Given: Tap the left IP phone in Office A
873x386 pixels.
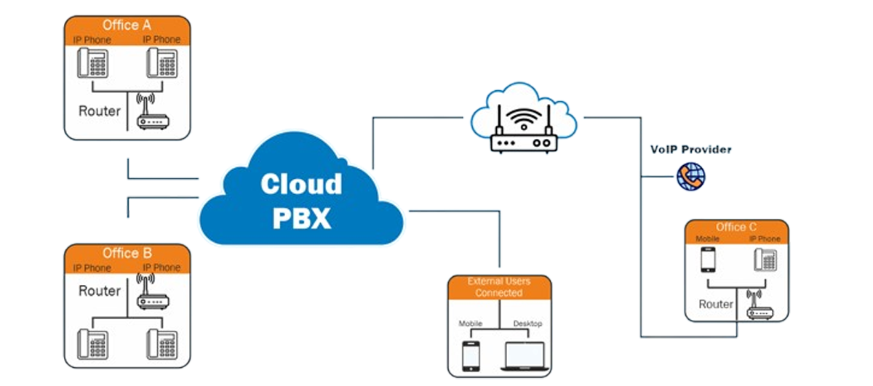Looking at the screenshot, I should pos(93,63).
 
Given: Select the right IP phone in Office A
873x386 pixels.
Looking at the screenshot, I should pos(162,63).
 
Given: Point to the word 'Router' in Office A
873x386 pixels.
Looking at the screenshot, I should pos(100,112).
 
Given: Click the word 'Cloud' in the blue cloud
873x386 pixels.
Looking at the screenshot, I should pos(301,183).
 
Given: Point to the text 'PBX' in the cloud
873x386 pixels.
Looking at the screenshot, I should pos(301,217).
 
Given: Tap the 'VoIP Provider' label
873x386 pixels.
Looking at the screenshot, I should pos(691,150).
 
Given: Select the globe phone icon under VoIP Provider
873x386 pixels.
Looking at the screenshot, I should pos(688,176).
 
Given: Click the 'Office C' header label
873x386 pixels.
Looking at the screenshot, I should pos(736,227).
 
